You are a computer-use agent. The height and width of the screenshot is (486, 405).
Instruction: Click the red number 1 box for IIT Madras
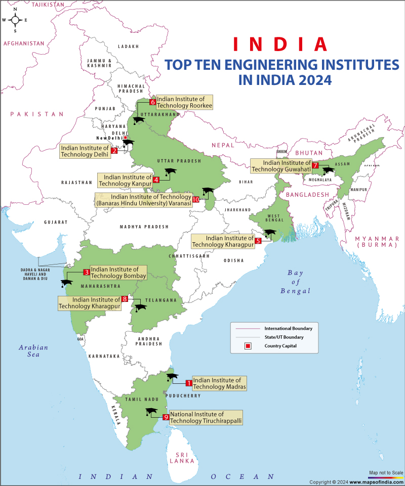[x=189, y=383]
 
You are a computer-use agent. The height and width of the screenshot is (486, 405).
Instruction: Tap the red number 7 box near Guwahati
[x=315, y=165]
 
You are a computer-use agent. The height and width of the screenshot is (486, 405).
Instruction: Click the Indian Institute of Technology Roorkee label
[x=184, y=102]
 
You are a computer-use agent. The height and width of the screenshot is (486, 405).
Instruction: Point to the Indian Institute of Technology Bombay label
[x=118, y=273]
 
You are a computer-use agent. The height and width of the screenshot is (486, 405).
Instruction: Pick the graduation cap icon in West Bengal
[x=270, y=234]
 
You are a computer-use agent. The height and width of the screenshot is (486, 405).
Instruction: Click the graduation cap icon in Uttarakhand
[x=137, y=120]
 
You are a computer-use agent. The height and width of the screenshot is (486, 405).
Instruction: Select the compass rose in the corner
[x=15, y=20]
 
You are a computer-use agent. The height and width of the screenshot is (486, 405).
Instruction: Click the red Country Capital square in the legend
[x=248, y=346]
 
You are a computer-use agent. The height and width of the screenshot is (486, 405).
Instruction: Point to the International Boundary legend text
[x=288, y=328]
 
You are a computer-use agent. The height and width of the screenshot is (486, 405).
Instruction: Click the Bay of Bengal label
[x=295, y=282]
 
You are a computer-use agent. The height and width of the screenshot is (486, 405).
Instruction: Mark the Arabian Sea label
[x=33, y=351]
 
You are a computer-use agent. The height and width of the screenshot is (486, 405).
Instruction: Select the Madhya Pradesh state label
[x=144, y=227]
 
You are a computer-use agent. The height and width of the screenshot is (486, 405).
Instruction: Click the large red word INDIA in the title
[x=280, y=45]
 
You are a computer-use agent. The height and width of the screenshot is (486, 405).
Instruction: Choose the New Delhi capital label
[x=109, y=138]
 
